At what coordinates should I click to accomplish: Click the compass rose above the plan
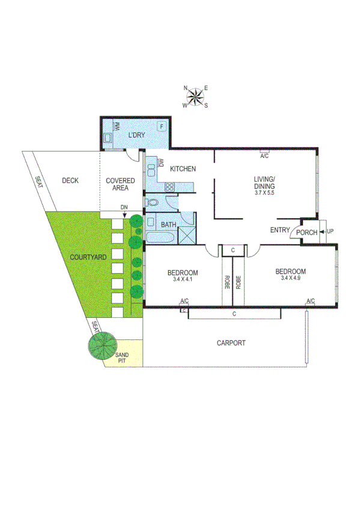click(196, 97)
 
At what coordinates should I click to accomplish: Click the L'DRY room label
click(137, 135)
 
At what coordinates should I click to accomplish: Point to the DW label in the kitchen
click(161, 162)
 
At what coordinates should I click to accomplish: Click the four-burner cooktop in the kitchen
click(169, 186)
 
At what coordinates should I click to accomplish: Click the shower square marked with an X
click(187, 234)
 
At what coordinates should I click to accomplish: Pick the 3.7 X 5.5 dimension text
click(264, 193)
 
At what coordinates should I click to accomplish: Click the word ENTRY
click(280, 230)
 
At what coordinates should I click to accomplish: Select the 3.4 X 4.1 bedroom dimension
click(183, 279)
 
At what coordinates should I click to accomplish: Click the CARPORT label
click(231, 343)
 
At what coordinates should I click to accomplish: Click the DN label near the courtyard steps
click(124, 207)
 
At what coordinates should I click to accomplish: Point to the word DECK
click(70, 180)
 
